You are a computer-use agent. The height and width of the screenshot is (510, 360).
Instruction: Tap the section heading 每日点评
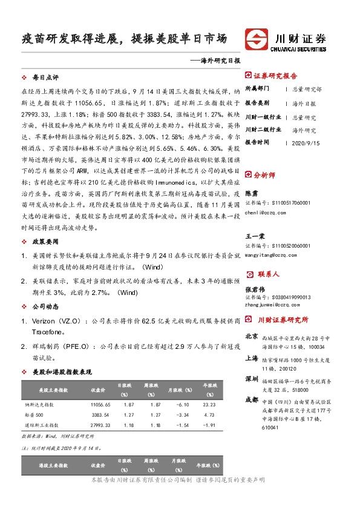45,78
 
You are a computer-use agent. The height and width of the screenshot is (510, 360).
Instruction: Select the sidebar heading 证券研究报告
275,76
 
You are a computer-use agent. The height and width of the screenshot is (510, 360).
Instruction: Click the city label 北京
252,336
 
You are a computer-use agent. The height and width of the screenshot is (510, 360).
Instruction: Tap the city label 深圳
252,380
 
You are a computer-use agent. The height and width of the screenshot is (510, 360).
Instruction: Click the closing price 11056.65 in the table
100,404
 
